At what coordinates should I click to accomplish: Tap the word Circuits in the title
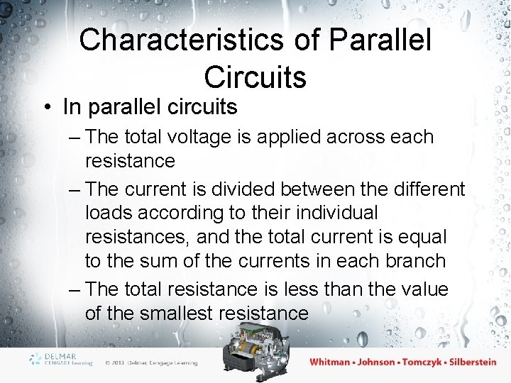255,77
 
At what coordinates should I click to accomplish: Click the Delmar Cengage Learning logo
61,360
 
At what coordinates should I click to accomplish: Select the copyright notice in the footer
150,362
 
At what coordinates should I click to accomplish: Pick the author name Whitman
330,362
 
